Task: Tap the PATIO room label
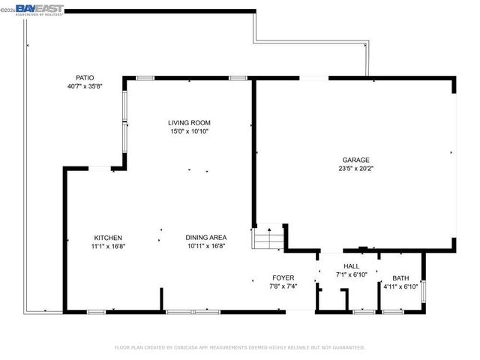[x=85, y=78]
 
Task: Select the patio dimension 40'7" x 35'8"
[x=85, y=86]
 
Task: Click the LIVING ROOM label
[x=188, y=123]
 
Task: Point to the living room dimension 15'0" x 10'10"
[x=188, y=131]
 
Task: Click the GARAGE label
[x=355, y=160]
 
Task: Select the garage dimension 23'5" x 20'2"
[x=355, y=169]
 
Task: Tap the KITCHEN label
[x=108, y=238]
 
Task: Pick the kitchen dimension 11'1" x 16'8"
[x=108, y=246]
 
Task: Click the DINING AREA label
[x=205, y=238]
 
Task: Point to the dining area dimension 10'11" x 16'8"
[x=205, y=246]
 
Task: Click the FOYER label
[x=283, y=277]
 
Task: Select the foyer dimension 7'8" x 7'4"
[x=283, y=286]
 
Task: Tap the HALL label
[x=351, y=266]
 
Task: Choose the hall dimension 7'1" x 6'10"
[x=351, y=274]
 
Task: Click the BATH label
[x=400, y=278]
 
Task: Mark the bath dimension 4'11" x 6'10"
[x=400, y=286]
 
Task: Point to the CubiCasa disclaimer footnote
[x=239, y=347]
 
